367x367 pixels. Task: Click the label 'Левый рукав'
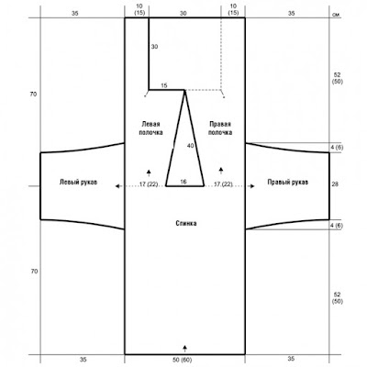[78, 182]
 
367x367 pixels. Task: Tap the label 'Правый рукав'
[288, 182]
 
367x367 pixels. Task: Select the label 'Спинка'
[186, 223]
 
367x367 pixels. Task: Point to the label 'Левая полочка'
[150, 128]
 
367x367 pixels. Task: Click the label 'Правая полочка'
[220, 128]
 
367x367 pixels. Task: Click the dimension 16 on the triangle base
[183, 182]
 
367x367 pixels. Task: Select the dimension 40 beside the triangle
[190, 146]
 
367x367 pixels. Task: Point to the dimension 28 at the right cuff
[335, 184]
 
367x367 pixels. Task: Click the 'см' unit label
[336, 14]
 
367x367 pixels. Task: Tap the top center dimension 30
[183, 14]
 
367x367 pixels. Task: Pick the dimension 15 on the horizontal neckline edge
[164, 85]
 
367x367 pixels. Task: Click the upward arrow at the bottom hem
[184, 349]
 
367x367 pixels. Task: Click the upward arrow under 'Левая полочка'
[149, 173]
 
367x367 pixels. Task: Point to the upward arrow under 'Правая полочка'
[221, 172]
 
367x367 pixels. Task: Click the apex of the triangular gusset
[184, 90]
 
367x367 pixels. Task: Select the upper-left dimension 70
[33, 95]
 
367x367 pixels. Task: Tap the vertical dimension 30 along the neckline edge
[154, 47]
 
